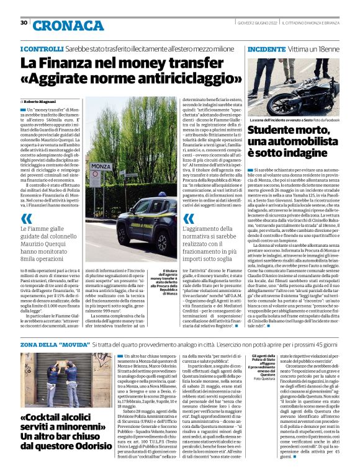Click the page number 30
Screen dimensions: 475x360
point(24,23)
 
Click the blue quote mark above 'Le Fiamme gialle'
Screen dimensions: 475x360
point(27,218)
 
